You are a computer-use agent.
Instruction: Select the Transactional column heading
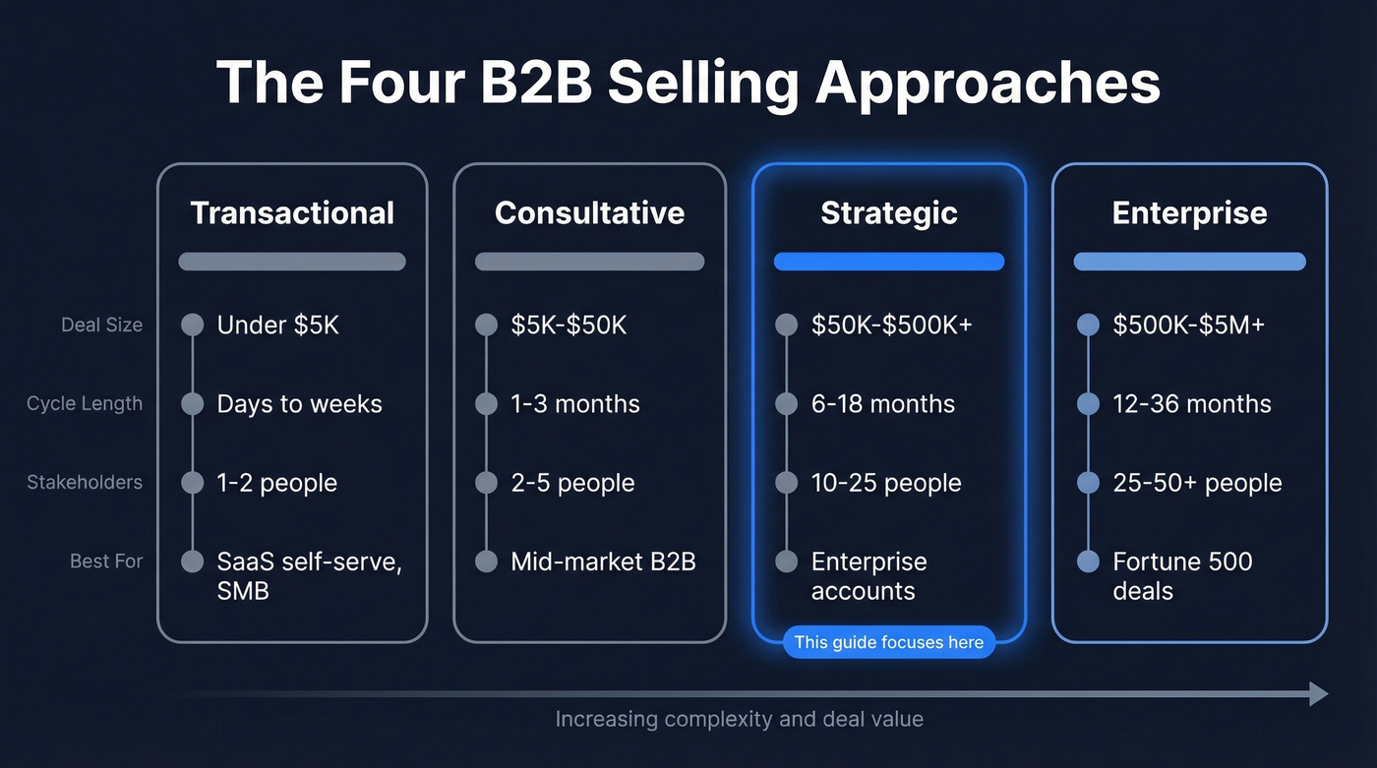coord(292,213)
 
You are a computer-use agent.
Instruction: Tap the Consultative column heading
coord(589,213)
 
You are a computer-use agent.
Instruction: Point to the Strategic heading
coord(889,213)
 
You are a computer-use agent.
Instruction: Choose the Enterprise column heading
coord(1189,213)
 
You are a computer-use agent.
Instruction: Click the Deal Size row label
coord(101,325)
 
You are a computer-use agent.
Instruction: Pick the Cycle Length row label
coord(85,404)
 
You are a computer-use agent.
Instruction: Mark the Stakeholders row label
coord(85,483)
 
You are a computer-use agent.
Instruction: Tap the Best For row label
coord(106,561)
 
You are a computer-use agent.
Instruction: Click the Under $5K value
coord(277,325)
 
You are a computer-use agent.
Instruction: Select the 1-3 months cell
coord(575,404)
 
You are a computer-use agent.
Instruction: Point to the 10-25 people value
coord(886,483)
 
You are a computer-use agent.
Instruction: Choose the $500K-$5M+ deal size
coord(1188,325)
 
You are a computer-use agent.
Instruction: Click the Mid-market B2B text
coord(603,561)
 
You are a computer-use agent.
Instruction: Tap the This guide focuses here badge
coord(889,642)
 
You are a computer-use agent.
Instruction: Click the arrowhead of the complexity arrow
coord(1319,694)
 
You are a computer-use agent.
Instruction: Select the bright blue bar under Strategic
coord(889,262)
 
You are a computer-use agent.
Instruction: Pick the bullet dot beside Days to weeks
coord(193,404)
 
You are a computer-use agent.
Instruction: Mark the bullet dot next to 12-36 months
coord(1088,404)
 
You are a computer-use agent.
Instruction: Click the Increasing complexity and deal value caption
coord(739,719)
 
